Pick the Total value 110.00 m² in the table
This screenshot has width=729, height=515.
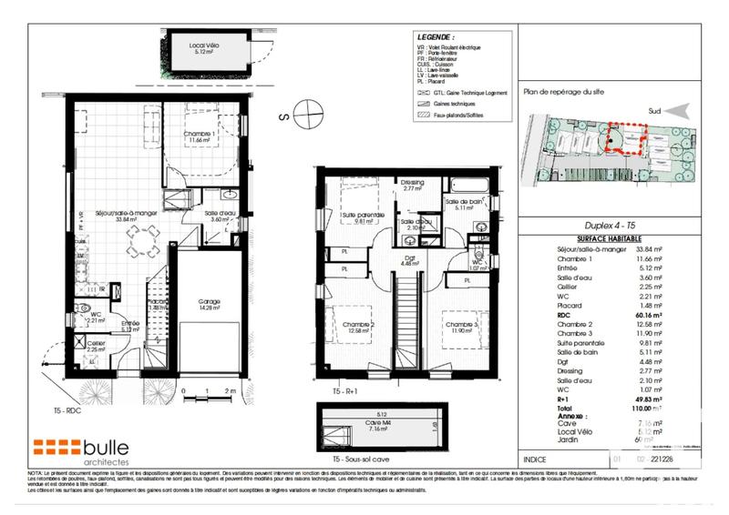point(652,411)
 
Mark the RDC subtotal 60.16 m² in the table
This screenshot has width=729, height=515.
point(652,315)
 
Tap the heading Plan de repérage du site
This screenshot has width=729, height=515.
point(564,91)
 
